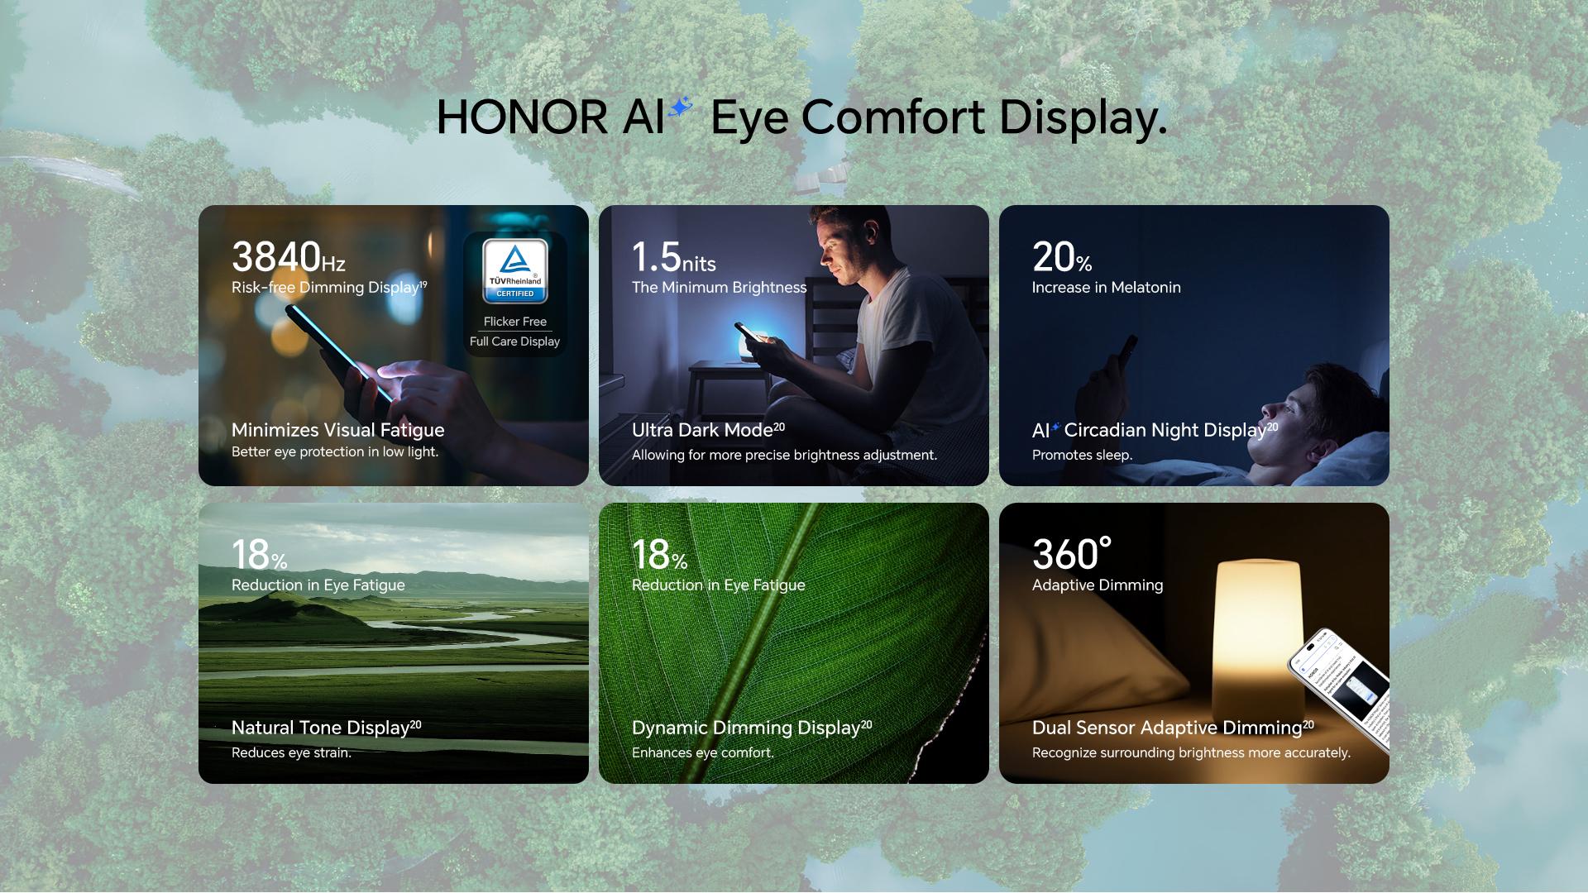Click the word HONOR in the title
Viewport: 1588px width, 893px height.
tap(522, 117)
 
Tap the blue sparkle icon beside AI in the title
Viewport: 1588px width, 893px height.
tap(680, 107)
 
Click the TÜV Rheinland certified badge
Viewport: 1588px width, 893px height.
tap(515, 271)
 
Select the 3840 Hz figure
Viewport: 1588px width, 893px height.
tap(288, 257)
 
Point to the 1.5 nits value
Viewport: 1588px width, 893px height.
tap(673, 257)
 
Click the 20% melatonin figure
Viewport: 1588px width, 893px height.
tap(1062, 257)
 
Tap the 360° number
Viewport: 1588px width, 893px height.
tap(1072, 555)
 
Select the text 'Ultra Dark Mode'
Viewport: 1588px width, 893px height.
tap(702, 430)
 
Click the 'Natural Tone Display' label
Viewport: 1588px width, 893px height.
tap(320, 728)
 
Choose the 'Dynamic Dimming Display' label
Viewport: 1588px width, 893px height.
tap(746, 728)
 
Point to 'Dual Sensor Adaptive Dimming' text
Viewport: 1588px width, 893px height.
tap(1167, 728)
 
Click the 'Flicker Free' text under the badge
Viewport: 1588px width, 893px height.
tap(515, 322)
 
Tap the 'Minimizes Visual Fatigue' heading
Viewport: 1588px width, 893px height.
tap(338, 430)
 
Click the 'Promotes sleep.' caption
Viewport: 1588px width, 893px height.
tap(1082, 455)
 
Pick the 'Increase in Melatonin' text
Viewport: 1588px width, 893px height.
tap(1107, 288)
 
